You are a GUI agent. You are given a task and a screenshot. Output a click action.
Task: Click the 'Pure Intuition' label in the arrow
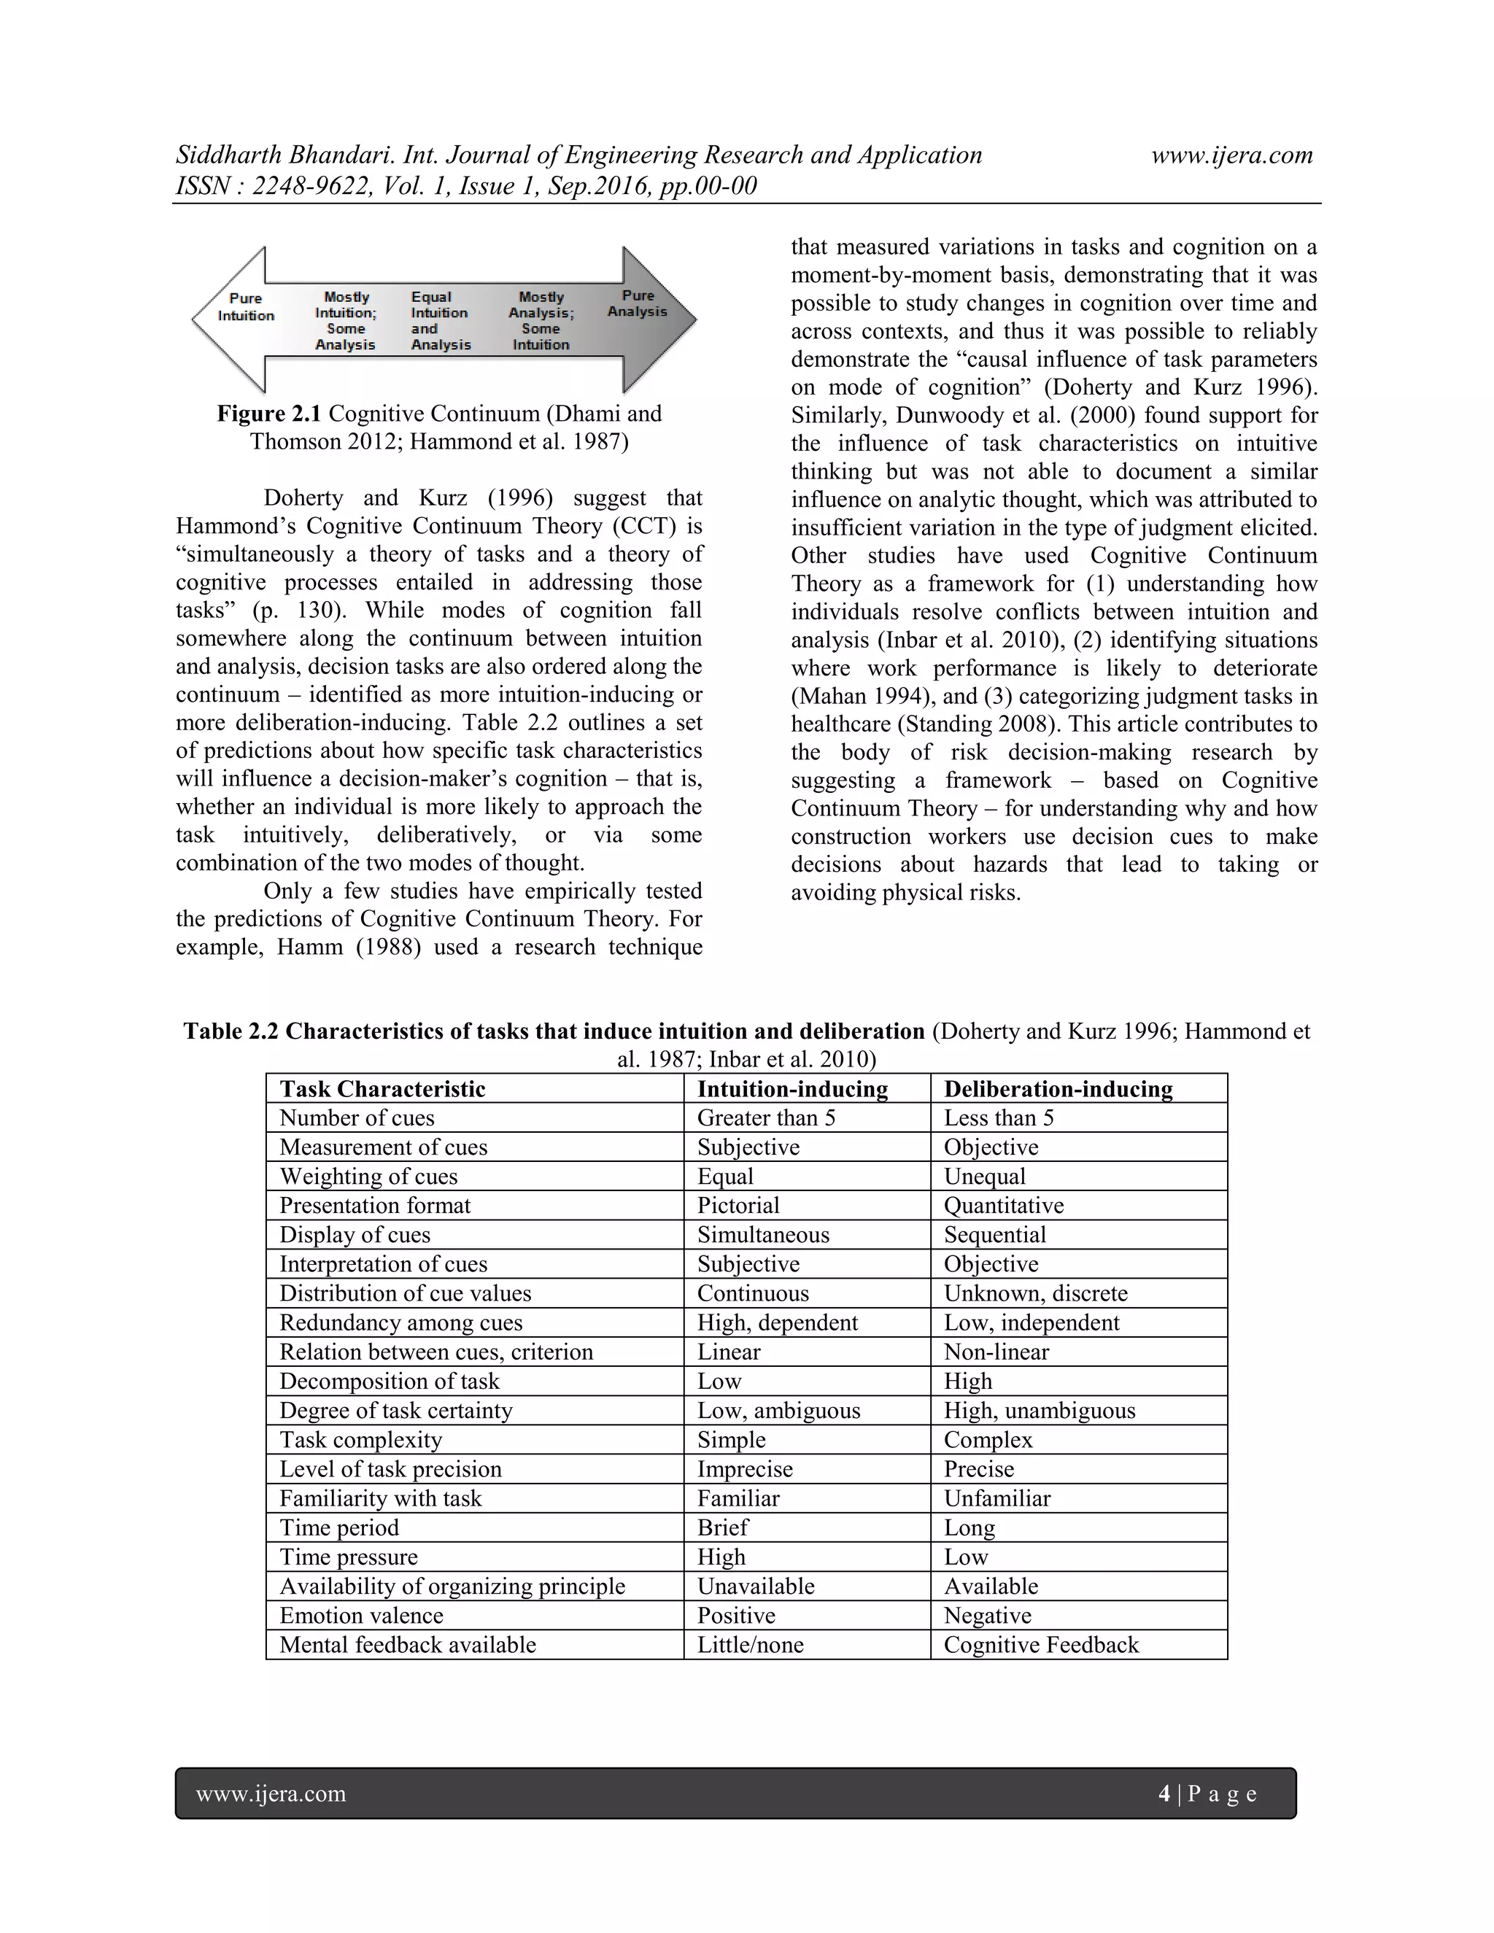(x=246, y=307)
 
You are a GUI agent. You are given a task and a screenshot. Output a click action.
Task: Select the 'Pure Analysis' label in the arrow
(x=638, y=303)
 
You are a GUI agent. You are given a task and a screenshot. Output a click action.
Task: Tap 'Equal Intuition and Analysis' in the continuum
(x=440, y=320)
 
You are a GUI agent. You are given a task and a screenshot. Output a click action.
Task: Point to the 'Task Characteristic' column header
(x=382, y=1088)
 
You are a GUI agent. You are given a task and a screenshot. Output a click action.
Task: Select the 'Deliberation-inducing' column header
(x=1058, y=1088)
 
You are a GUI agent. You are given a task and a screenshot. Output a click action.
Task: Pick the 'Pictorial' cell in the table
(x=738, y=1206)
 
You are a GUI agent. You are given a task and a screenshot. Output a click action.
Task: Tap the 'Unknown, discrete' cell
(x=1036, y=1293)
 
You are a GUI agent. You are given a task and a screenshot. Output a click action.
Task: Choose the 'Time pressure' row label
(x=349, y=1557)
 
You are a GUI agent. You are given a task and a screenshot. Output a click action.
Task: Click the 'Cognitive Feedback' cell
(x=1041, y=1644)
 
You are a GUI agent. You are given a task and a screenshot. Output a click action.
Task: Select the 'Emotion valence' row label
(x=361, y=1615)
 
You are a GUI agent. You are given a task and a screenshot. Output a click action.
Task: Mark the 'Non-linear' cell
(x=996, y=1352)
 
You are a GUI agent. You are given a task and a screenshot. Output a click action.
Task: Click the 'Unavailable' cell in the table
(x=755, y=1586)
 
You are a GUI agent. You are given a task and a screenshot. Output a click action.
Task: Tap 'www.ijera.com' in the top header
(x=1231, y=156)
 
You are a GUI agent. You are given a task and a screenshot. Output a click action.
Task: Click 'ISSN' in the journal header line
(x=202, y=187)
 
